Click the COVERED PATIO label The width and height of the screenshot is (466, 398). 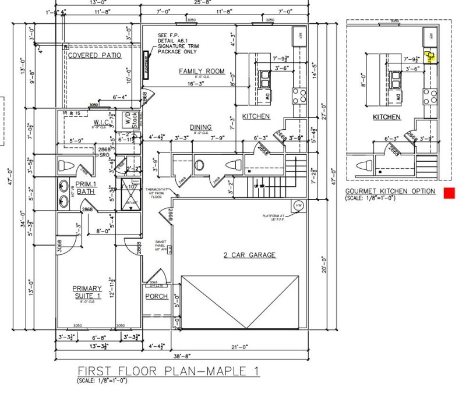click(x=94, y=55)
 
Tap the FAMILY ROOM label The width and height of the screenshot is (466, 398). click(x=202, y=71)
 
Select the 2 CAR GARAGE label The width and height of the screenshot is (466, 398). click(x=249, y=255)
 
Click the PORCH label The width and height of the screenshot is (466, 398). click(x=156, y=296)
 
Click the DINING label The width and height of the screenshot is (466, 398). click(x=200, y=127)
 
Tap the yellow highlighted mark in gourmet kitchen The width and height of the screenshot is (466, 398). click(x=430, y=58)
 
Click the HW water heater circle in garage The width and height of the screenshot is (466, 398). click(x=298, y=205)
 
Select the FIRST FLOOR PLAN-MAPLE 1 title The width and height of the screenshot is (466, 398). click(x=168, y=371)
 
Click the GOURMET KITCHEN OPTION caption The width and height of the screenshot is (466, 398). click(x=390, y=191)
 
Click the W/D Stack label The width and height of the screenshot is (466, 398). click(x=128, y=121)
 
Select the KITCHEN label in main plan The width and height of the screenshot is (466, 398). click(x=256, y=116)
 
